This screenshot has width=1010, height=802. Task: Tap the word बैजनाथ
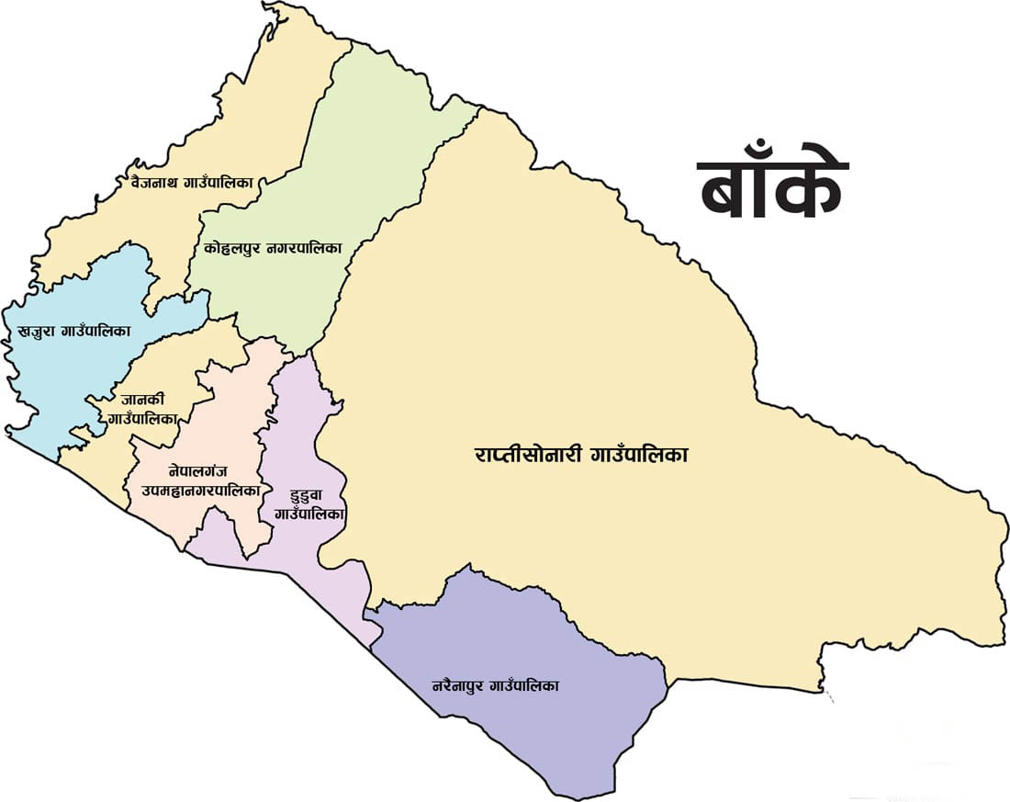click(x=152, y=182)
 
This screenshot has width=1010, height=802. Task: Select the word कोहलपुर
click(x=230, y=248)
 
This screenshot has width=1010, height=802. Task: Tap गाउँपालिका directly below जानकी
click(x=142, y=417)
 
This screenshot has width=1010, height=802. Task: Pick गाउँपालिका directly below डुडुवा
click(x=309, y=514)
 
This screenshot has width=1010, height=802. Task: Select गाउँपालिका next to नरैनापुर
click(x=527, y=685)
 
